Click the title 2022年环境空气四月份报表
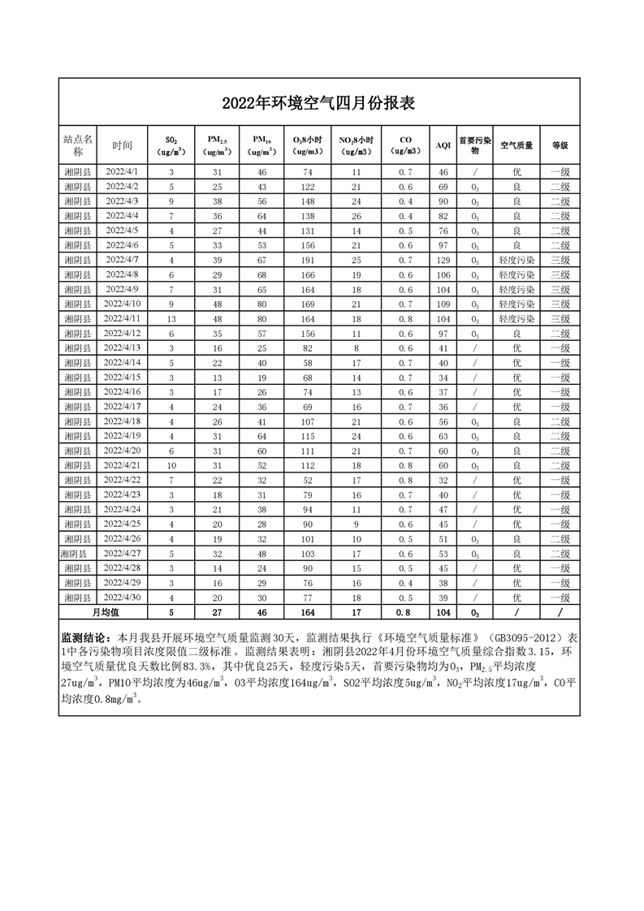[319, 103]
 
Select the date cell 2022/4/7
[122, 259]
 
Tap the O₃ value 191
[308, 260]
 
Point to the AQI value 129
[443, 260]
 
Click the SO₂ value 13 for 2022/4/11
[171, 318]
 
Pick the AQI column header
[443, 145]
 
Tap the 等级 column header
[560, 145]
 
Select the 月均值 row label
[105, 612]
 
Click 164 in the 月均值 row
[308, 612]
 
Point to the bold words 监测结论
[87, 638]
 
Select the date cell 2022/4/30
[122, 597]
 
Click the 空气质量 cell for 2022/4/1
[516, 172]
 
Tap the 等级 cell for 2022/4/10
[560, 304]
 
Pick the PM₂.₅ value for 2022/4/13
[218, 348]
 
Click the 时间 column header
[122, 145]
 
